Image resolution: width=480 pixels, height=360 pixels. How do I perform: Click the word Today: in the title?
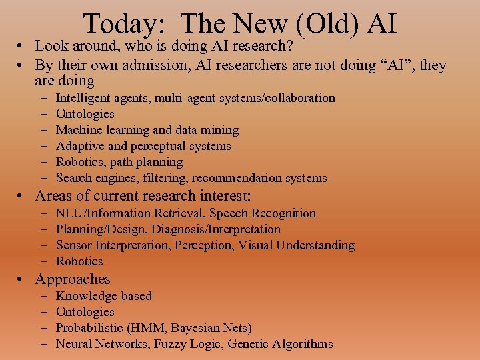[124, 24]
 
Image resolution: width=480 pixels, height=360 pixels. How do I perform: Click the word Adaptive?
[77, 146]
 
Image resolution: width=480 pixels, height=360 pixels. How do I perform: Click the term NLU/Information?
[103, 213]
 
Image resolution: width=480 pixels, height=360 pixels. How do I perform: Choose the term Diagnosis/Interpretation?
[216, 229]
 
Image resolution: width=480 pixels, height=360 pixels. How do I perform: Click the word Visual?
[255, 245]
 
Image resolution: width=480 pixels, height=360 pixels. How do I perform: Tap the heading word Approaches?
[73, 279]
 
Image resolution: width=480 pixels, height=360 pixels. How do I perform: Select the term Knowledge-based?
[104, 296]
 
